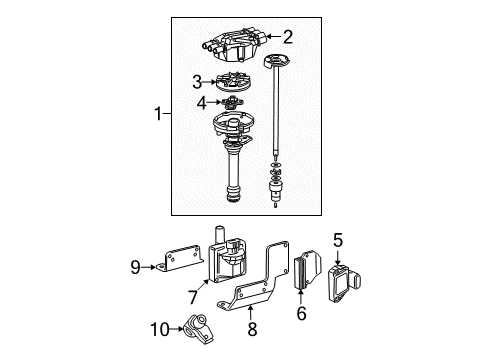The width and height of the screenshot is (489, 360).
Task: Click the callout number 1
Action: point(158,114)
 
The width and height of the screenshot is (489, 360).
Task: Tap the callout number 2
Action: point(288,37)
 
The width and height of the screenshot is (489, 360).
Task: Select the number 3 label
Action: point(197,82)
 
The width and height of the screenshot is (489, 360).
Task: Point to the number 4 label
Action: point(202,103)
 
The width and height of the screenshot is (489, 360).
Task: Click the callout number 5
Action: point(338,240)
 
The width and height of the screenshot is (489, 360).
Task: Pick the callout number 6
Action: point(301,313)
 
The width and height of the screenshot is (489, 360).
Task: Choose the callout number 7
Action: point(193,297)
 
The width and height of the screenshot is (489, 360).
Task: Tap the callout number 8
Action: point(252,329)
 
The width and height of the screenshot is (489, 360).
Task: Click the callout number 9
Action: point(135,267)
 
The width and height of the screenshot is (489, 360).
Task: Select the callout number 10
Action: point(160,329)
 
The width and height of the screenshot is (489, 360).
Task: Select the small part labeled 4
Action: point(232,102)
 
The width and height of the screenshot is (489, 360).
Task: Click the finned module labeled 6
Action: point(307,270)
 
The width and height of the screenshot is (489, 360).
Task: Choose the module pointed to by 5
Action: point(343,283)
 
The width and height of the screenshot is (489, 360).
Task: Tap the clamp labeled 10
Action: point(199,328)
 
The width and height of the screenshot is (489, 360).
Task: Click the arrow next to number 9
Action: point(149,267)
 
